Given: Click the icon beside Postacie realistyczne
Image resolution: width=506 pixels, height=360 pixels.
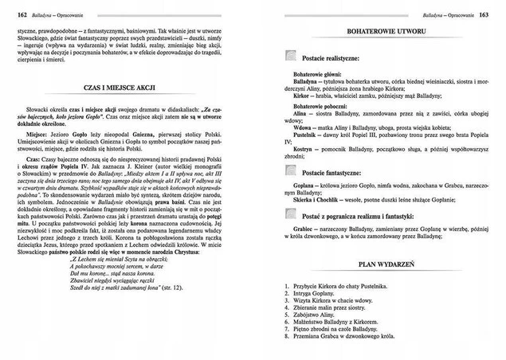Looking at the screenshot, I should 292,57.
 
